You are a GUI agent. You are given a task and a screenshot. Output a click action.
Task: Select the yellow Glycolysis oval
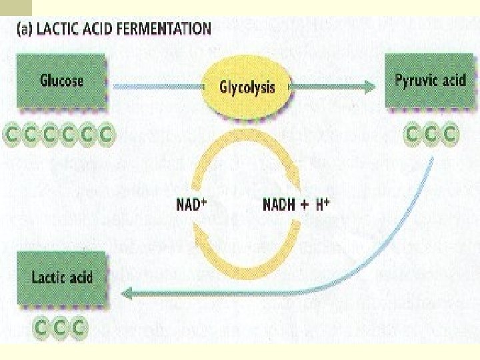click(x=247, y=87)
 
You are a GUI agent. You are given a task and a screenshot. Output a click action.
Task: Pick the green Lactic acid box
click(x=62, y=277)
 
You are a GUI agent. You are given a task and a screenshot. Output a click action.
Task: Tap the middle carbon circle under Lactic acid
click(x=62, y=327)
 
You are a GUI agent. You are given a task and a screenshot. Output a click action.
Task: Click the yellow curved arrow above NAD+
click(x=243, y=155)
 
